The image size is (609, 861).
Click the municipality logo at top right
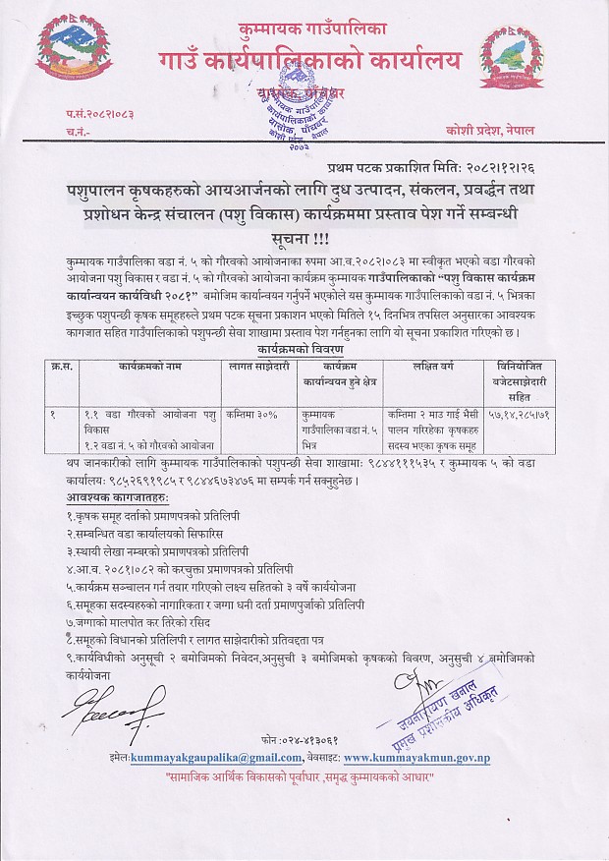[x=518, y=64]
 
